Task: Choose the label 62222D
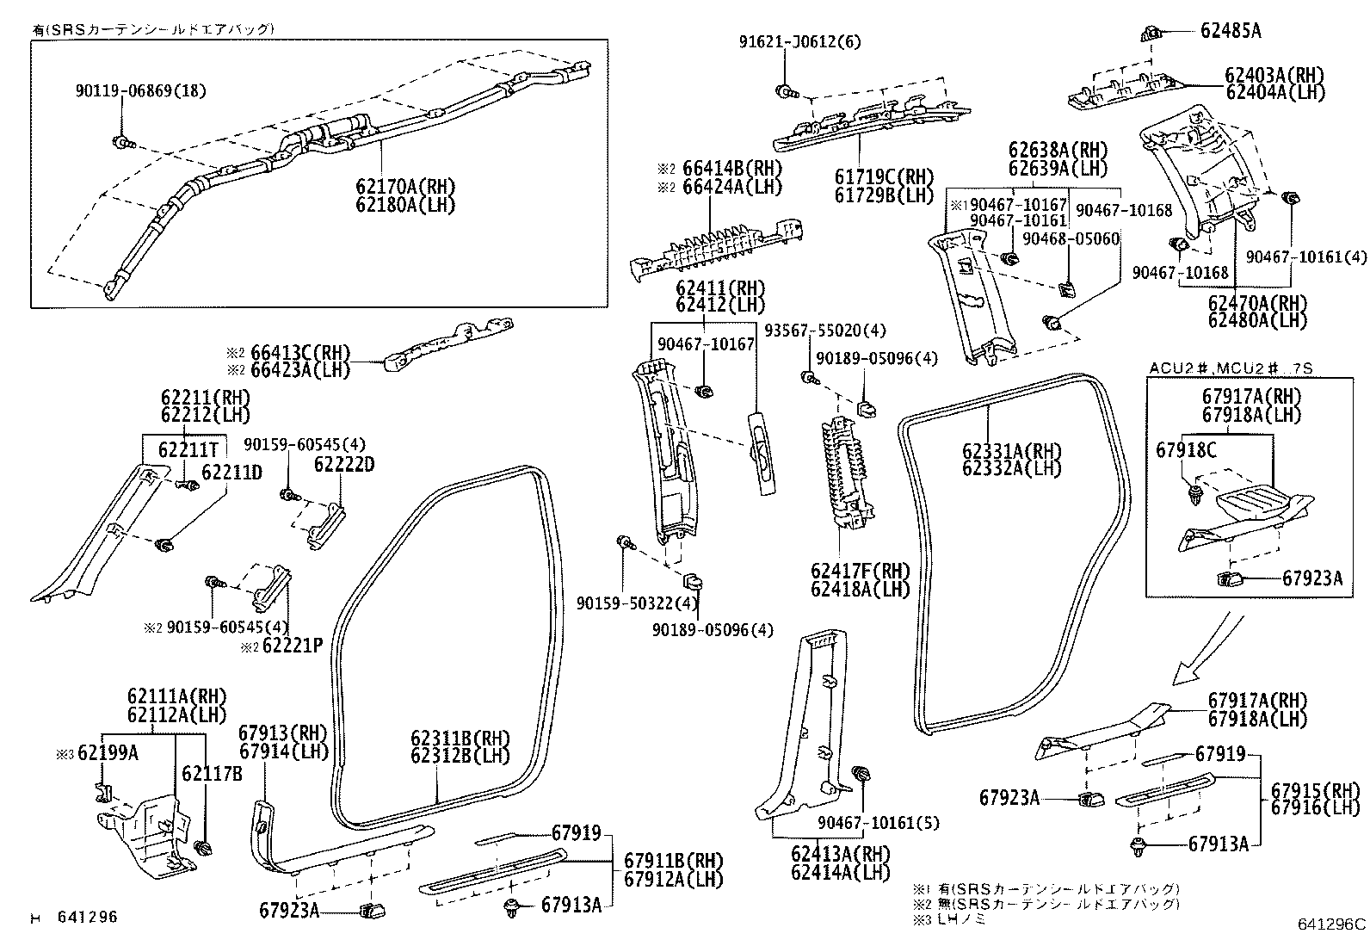344,464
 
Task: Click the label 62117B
212,774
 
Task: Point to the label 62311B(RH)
460,739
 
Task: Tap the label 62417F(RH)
860,572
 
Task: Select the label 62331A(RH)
1011,451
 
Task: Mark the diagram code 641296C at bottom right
1331,924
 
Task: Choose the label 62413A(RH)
840,854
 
